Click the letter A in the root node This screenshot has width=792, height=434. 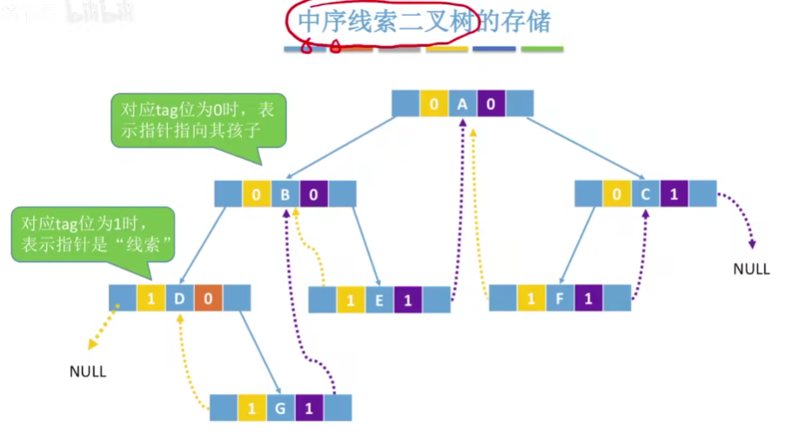point(462,105)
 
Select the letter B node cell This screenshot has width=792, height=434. point(285,194)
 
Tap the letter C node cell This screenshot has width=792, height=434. point(645,194)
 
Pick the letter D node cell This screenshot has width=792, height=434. point(179,298)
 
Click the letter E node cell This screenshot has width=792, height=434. point(379,300)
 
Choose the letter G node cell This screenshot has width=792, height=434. point(280,408)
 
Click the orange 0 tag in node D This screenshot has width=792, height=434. point(208,298)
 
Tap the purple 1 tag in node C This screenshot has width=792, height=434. point(674,194)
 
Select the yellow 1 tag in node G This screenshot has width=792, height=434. point(252,408)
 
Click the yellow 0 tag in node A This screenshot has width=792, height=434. point(433,105)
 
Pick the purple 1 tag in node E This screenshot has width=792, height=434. point(407,300)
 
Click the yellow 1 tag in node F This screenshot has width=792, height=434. point(531,299)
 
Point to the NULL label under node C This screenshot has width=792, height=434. point(751,269)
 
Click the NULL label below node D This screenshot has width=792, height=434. point(88,371)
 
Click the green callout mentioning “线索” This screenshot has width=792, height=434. point(94,233)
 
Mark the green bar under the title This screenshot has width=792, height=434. point(541,49)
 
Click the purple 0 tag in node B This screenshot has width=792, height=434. point(313,194)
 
